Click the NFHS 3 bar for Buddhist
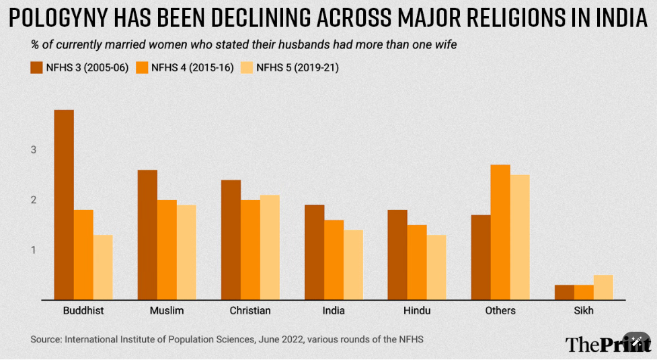coord(64,205)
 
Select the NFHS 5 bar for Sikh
coord(603,287)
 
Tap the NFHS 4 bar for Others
coord(500,232)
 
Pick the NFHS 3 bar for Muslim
coord(147,235)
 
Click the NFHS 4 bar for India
coord(334,260)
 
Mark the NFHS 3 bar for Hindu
coord(397,255)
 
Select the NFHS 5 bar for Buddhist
coord(103,267)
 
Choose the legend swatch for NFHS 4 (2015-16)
coord(141,67)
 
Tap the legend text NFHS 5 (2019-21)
coord(297,67)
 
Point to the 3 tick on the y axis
coord(33,149)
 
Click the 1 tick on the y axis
coord(33,250)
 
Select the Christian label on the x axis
coord(250,311)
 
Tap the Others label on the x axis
coord(500,311)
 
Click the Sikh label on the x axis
coord(584,311)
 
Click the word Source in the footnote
coord(44,339)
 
